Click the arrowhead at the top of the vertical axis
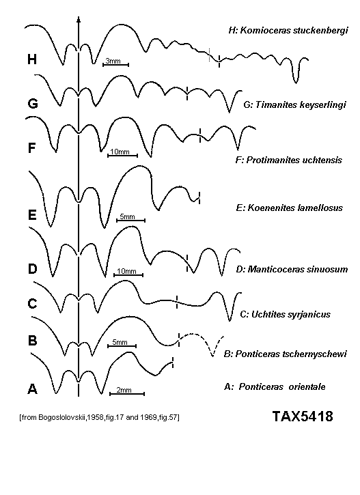pyautogui.click(x=79, y=19)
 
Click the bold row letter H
pyautogui.click(x=32, y=59)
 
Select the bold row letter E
pyautogui.click(x=32, y=215)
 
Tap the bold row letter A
pyautogui.click(x=33, y=389)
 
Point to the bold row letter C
pyautogui.click(x=33, y=303)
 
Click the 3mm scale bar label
pyautogui.click(x=113, y=61)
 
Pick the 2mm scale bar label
pyautogui.click(x=124, y=390)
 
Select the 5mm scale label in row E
pyautogui.click(x=127, y=216)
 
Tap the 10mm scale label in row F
pyautogui.click(x=120, y=152)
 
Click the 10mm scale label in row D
pyautogui.click(x=126, y=271)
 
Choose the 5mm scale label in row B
pyautogui.click(x=120, y=342)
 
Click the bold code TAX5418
pyautogui.click(x=303, y=416)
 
